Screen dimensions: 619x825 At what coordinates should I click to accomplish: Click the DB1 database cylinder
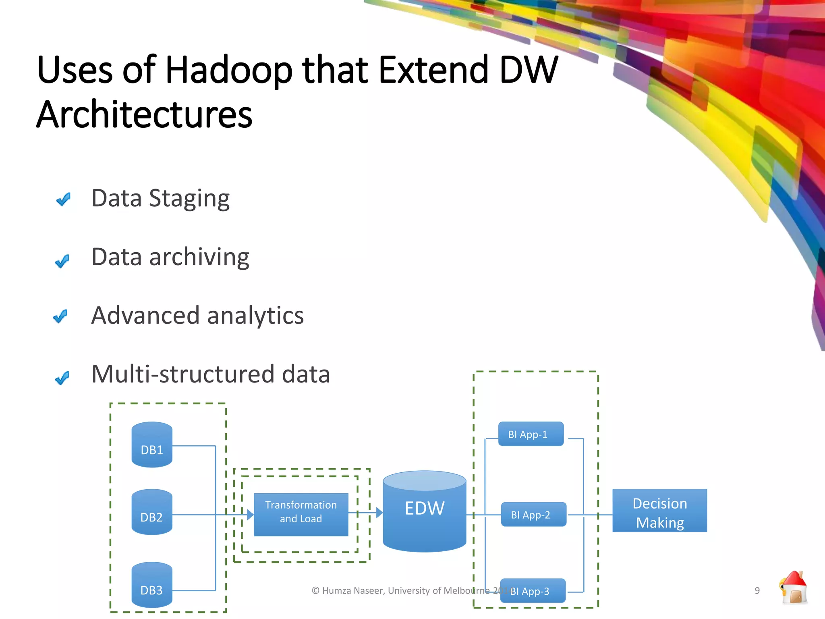coord(152,445)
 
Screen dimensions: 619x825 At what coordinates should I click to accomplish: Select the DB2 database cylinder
coord(152,512)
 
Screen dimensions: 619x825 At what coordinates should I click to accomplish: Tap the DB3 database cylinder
coord(152,585)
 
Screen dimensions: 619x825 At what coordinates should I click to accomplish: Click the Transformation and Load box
coord(301,515)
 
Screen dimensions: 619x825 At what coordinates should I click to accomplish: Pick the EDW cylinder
coord(425,512)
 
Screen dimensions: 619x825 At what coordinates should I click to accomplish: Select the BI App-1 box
coord(531,434)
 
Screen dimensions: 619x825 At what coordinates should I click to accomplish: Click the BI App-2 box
coord(533,515)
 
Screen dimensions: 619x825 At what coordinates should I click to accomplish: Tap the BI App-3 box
coord(533,591)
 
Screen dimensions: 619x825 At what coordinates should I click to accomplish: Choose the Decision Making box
coord(659,511)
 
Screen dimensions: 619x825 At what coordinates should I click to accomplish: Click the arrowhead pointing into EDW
coord(379,513)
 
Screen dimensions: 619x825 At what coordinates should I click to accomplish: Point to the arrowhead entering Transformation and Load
coord(250,515)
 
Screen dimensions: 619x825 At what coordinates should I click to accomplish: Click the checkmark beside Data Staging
coord(64,199)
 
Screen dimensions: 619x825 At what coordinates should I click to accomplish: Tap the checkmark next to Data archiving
coord(62,261)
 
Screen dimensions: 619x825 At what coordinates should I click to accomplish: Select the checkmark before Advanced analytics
coord(60,316)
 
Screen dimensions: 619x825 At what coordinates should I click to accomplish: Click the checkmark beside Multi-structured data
coord(62,378)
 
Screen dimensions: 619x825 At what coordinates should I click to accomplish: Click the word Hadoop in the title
coord(228,71)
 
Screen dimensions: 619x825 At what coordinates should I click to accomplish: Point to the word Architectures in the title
coord(144,114)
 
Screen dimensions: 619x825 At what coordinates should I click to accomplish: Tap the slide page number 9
coord(757,590)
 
